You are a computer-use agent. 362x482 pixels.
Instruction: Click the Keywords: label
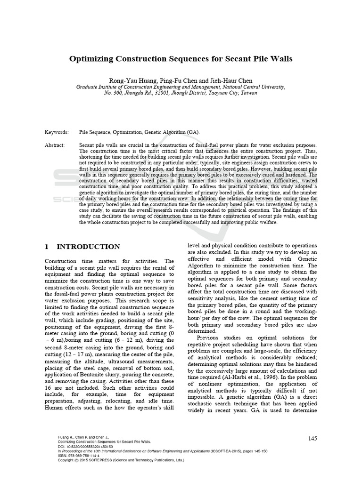point(57,133)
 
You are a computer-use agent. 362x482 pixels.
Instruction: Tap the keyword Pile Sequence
point(95,133)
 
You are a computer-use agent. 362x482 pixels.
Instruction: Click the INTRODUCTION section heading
point(88,247)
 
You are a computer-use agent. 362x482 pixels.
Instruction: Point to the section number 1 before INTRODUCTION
point(47,247)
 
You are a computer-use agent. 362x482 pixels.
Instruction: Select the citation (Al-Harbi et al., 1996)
point(238,377)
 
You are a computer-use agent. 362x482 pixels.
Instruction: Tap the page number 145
point(312,438)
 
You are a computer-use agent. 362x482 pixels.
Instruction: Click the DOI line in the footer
point(85,446)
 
